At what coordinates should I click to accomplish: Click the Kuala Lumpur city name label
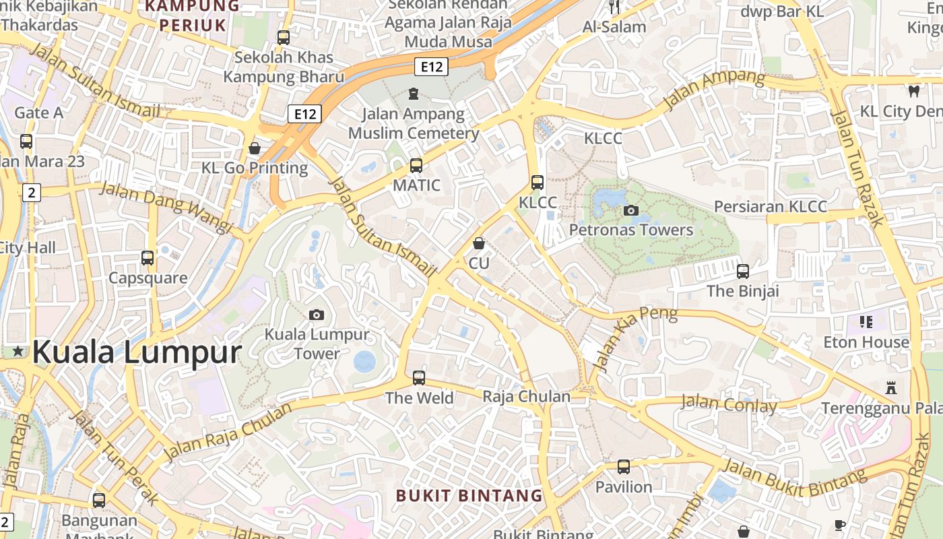(137, 352)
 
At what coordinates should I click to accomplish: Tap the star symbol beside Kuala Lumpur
(18, 351)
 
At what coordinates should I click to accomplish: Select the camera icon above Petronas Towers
(631, 211)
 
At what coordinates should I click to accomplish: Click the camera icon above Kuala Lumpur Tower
(316, 315)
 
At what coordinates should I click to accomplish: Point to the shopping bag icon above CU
(479, 243)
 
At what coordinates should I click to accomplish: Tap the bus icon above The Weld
(419, 377)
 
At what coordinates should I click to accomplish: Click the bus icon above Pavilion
(624, 466)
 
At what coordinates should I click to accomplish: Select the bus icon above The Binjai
(743, 272)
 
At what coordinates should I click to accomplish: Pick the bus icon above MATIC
(416, 165)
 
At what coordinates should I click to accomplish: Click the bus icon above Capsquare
(148, 257)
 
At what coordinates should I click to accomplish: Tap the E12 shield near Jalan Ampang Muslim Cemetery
(304, 114)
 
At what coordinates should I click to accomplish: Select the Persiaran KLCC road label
(770, 206)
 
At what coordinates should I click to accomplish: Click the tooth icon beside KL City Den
(914, 91)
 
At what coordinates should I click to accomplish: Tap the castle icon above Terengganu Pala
(891, 388)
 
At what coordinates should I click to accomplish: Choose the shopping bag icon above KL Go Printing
(255, 148)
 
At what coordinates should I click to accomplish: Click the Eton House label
(866, 342)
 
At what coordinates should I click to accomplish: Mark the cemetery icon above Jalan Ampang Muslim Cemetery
(413, 93)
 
